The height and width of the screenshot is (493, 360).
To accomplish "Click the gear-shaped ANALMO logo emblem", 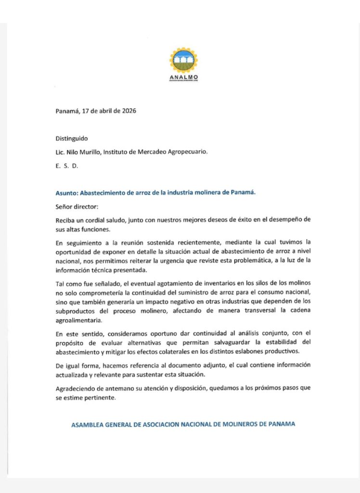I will [x=183, y=60].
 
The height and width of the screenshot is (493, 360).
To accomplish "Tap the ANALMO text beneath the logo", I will [x=183, y=77].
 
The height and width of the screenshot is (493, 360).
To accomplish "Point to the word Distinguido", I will [x=72, y=138].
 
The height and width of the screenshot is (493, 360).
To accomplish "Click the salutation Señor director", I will [x=77, y=206].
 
